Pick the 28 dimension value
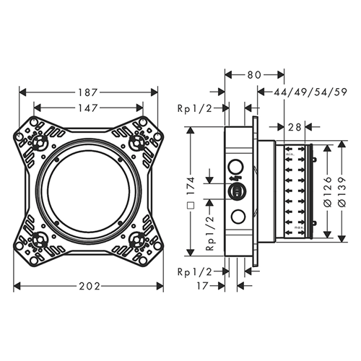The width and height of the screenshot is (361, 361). coord(294,127)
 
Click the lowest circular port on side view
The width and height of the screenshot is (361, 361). coord(235,217)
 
